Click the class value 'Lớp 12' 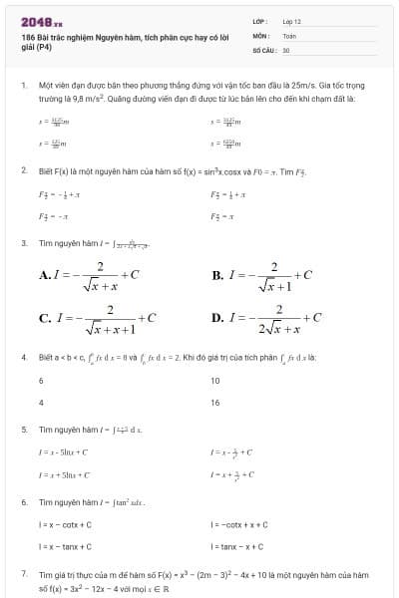point(292,20)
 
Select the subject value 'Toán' point(289,34)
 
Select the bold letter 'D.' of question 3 point(217,318)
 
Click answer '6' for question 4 point(41,381)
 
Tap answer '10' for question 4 point(214,381)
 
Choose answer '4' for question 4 point(41,403)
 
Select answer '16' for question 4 point(214,403)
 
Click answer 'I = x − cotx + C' point(66,524)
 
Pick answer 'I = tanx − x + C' point(237,546)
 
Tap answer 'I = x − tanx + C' point(66,546)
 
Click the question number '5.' point(23,430)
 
